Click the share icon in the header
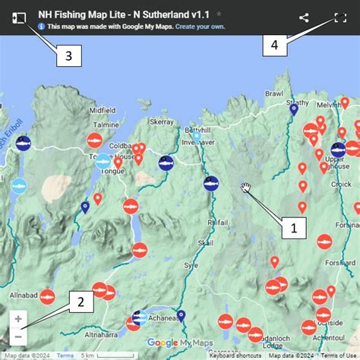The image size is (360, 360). click(304, 17)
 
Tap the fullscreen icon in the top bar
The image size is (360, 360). click(339, 17)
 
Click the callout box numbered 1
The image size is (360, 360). click(293, 226)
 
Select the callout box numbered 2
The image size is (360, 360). click(80, 302)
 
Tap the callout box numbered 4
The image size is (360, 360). click(275, 46)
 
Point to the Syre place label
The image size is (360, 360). click(190, 266)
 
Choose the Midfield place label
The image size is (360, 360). click(103, 110)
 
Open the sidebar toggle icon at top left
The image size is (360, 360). click(20, 17)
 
